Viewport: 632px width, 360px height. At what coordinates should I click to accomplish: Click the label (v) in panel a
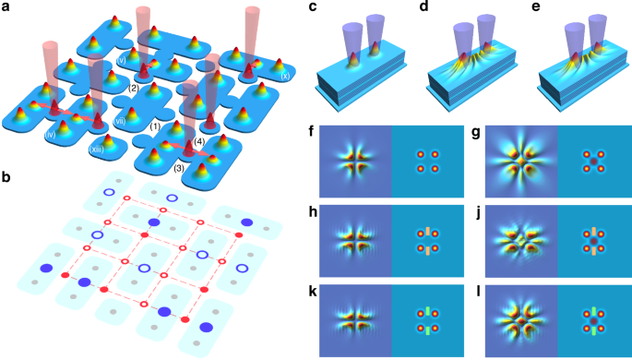[121, 61]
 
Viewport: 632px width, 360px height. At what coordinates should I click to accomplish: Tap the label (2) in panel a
[133, 88]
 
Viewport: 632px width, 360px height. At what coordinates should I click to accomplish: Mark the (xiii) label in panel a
[96, 147]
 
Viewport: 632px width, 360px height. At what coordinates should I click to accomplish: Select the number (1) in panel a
[155, 126]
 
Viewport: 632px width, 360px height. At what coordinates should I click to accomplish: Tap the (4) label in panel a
[199, 140]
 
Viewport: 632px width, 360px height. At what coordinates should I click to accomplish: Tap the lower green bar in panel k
[427, 325]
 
